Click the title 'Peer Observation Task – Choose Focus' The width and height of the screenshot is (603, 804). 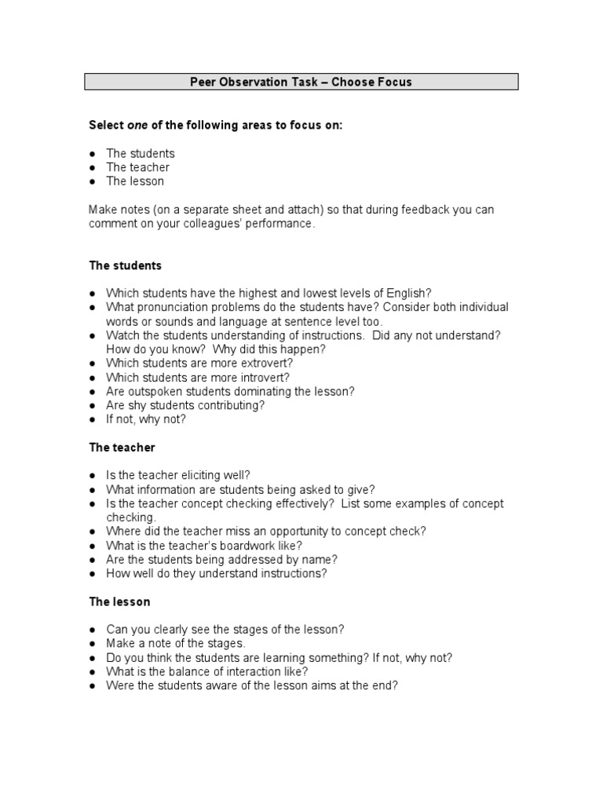(301, 82)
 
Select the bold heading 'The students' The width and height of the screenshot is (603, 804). (126, 266)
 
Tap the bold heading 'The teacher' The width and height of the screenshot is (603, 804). (122, 448)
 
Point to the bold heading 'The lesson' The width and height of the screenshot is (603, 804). (119, 602)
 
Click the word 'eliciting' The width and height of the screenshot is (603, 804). (199, 475)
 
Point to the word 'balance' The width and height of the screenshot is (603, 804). (181, 671)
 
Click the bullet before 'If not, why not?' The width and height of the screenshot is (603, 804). (93, 419)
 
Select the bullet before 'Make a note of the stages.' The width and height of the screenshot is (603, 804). (93, 644)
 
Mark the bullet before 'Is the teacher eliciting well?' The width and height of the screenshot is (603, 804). (93, 475)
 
